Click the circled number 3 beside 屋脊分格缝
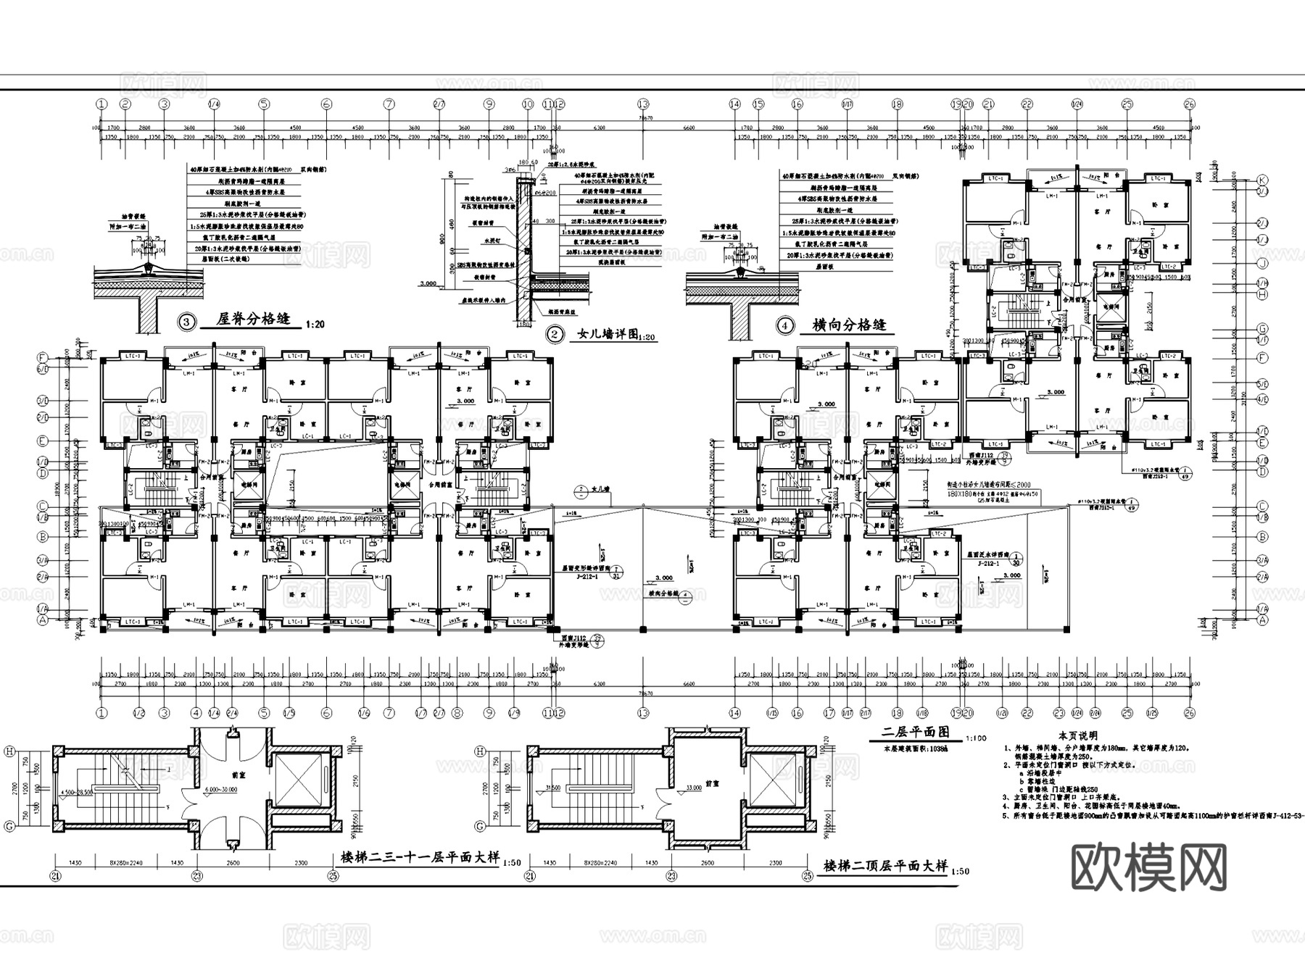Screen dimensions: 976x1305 tap(187, 322)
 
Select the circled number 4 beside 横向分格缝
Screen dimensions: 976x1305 tap(784, 325)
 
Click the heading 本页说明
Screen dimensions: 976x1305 tap(1078, 735)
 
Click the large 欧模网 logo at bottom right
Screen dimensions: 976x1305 tap(1149, 867)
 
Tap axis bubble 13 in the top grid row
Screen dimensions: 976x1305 tap(643, 104)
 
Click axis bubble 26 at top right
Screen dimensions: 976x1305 tap(1188, 104)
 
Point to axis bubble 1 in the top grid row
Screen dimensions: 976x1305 tap(101, 104)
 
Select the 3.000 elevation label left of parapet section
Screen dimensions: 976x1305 tap(428, 284)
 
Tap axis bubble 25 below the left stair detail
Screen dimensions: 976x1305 tap(333, 875)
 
